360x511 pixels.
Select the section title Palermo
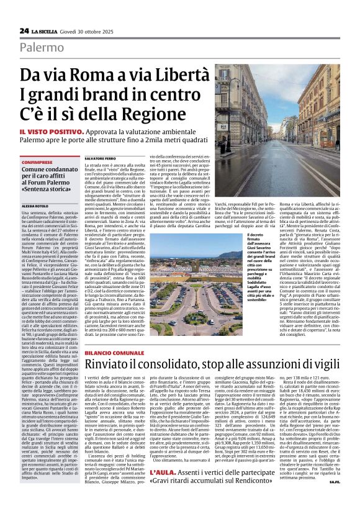(42, 47)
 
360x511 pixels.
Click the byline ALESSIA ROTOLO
(35, 206)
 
